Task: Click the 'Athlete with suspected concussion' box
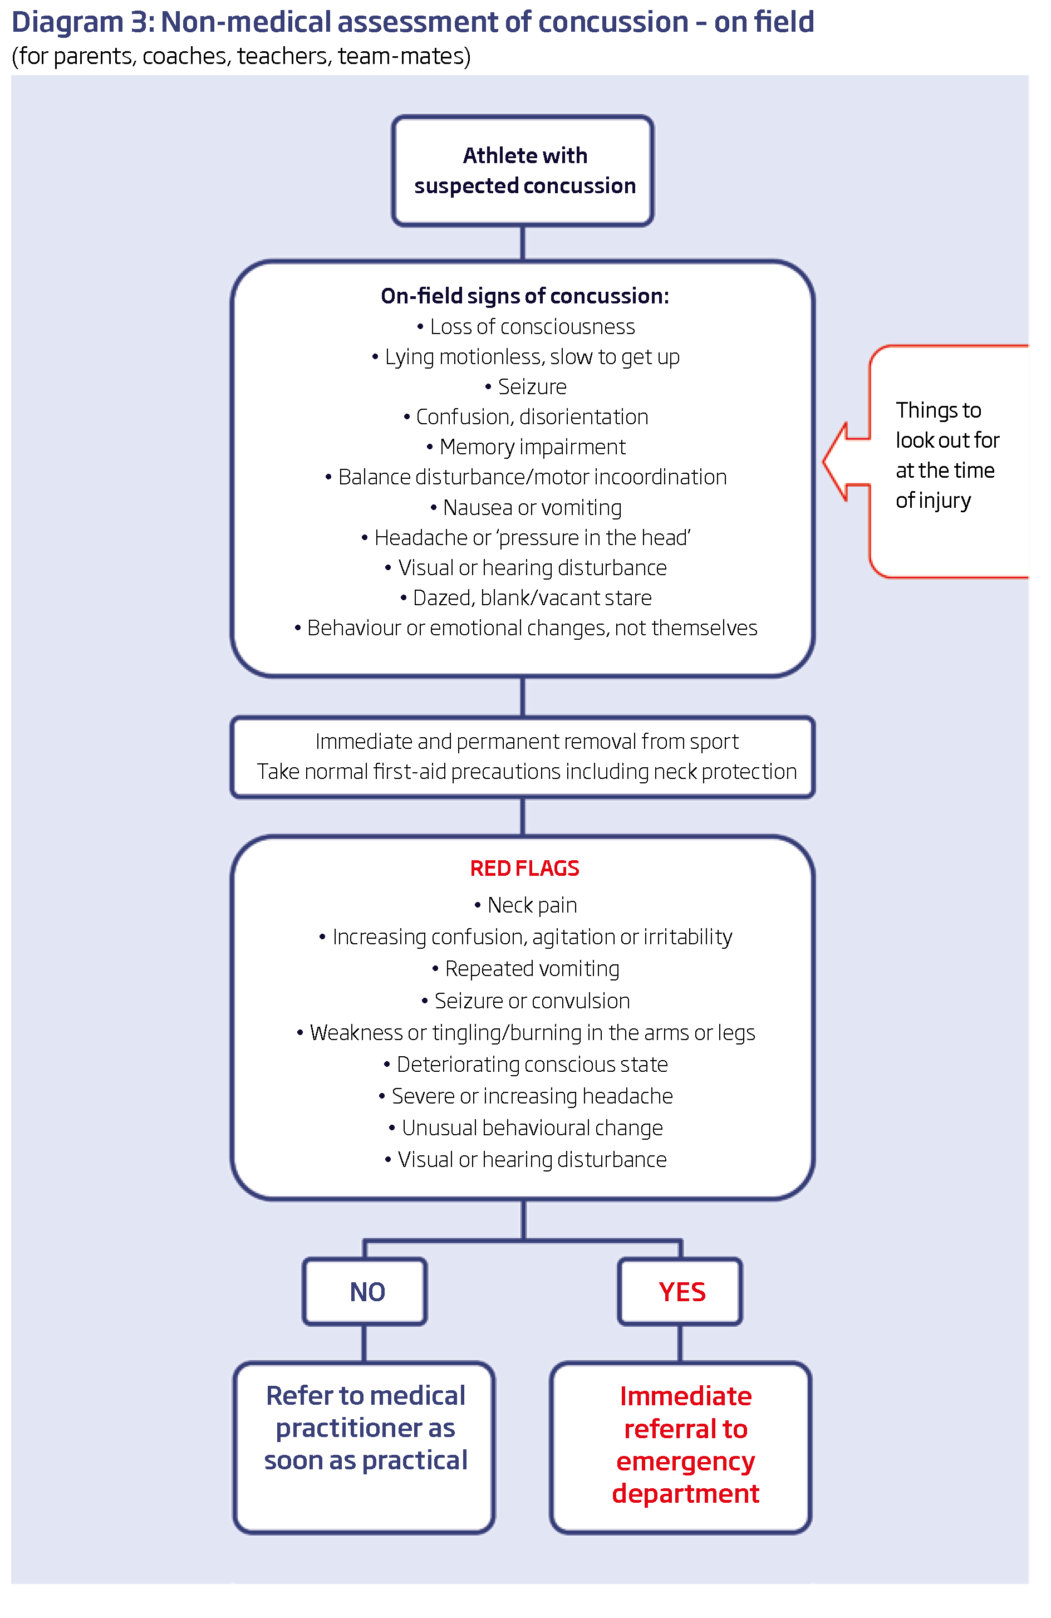click(x=522, y=170)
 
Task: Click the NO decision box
click(x=365, y=1292)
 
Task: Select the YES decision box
click(x=680, y=1292)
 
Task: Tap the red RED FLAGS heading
click(x=524, y=868)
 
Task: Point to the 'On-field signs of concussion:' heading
click(x=524, y=296)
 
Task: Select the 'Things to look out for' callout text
click(x=946, y=455)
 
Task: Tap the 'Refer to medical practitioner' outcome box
click(x=365, y=1447)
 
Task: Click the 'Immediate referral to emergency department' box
click(x=681, y=1447)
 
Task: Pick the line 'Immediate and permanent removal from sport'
click(x=526, y=742)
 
